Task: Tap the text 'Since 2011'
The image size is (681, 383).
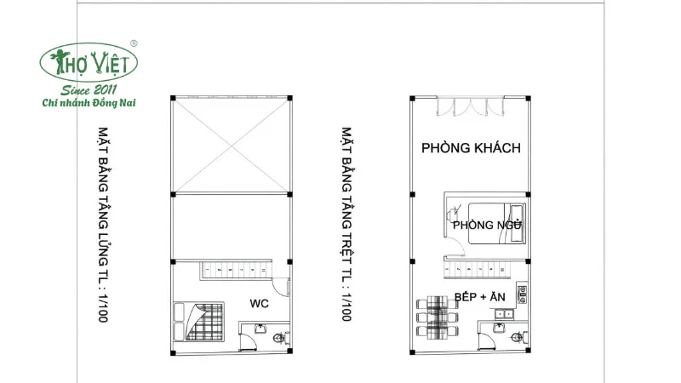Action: [x=89, y=89]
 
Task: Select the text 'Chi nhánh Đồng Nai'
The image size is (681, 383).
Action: [x=89, y=103]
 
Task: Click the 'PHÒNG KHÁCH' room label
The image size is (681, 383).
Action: [x=471, y=147]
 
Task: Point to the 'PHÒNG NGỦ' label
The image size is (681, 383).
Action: [x=487, y=225]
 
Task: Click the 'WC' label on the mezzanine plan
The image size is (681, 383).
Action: [x=260, y=303]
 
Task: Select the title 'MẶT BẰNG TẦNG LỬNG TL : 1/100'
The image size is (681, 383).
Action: [x=105, y=226]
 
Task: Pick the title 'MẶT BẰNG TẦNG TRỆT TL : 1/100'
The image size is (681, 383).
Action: [x=346, y=226]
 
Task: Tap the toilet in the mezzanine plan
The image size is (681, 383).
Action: [x=276, y=340]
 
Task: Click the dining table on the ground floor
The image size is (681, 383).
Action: [x=435, y=317]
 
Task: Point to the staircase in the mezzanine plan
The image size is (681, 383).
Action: [x=234, y=272]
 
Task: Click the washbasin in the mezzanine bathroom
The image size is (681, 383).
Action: [x=259, y=328]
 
